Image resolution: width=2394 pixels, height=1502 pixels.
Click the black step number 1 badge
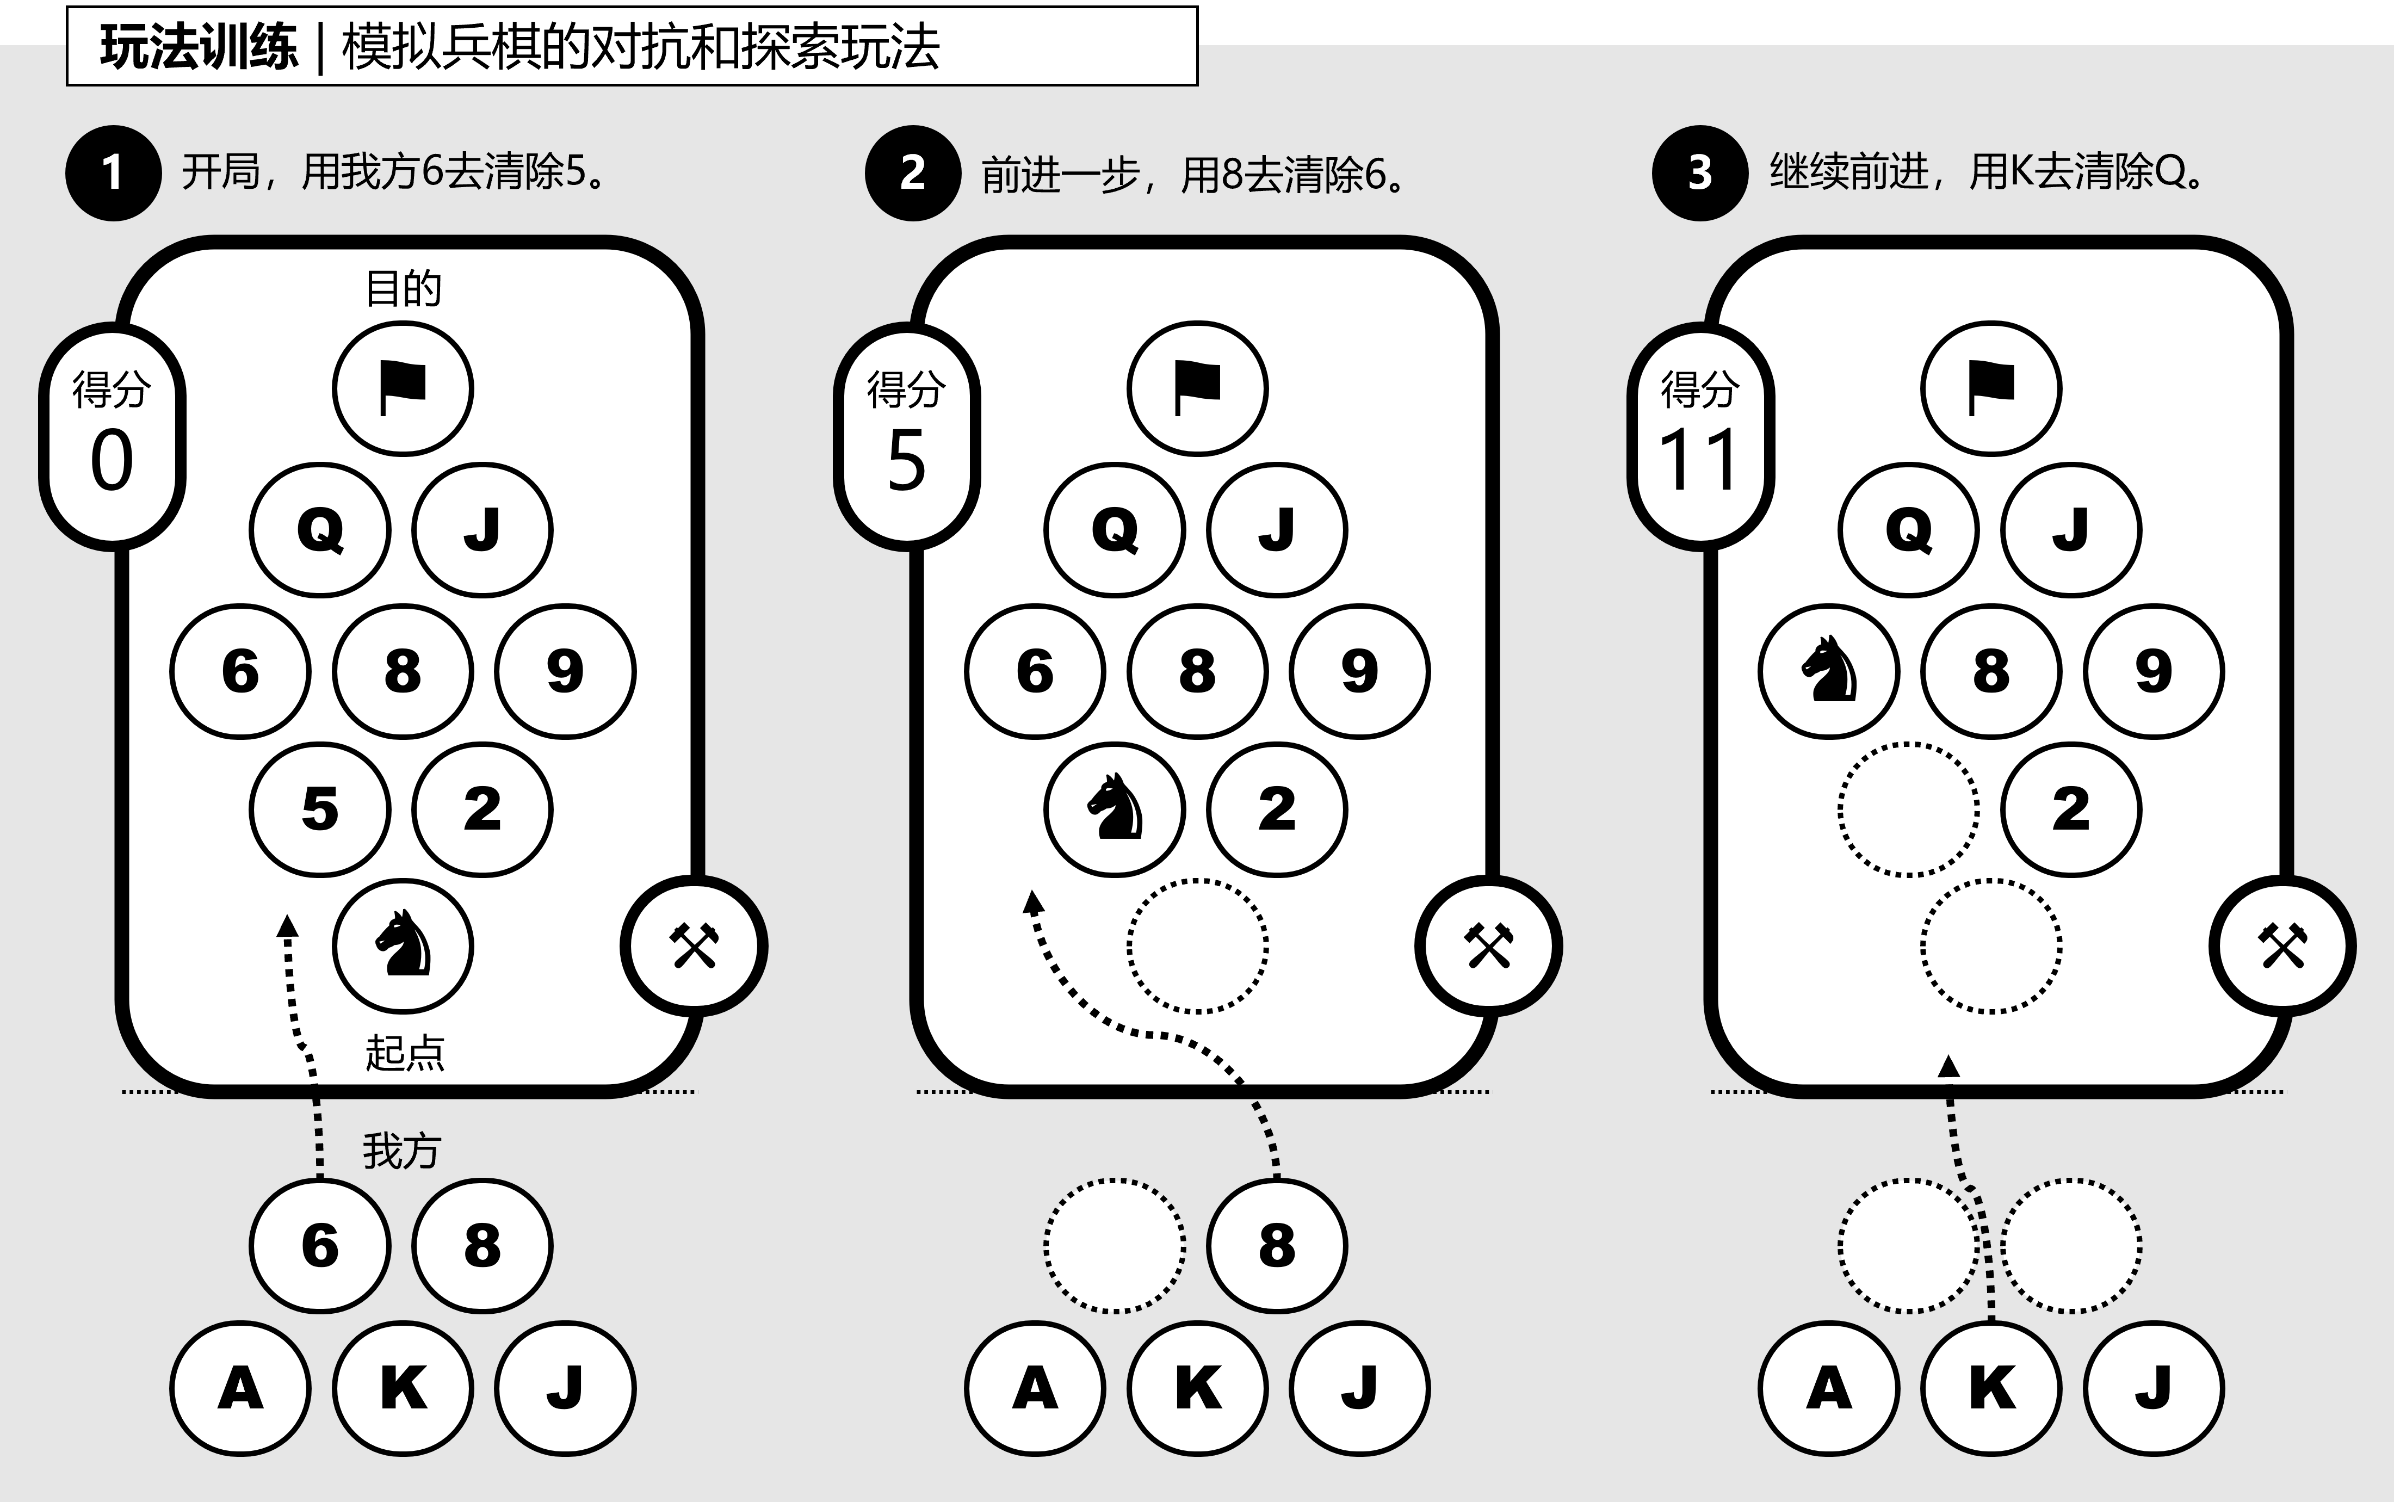coord(113,173)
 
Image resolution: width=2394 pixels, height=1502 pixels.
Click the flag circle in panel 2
coord(1197,388)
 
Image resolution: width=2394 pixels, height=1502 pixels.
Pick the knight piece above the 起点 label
coord(403,945)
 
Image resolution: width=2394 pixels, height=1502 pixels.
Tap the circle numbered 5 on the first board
coord(320,808)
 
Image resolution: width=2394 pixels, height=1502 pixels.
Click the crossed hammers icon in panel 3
coord(2282,945)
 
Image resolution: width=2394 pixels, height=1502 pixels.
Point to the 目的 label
coord(403,289)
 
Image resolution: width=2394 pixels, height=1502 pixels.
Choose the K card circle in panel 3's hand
coord(1991,1388)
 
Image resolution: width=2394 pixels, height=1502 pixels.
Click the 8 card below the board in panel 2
coord(1277,1246)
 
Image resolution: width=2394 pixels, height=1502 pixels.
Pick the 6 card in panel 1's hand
coord(320,1246)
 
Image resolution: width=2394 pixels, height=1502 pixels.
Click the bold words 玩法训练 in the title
coord(199,47)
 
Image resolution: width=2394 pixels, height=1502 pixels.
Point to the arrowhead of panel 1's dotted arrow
coord(287,926)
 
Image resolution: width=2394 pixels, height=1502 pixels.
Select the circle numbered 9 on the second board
coord(1359,671)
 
